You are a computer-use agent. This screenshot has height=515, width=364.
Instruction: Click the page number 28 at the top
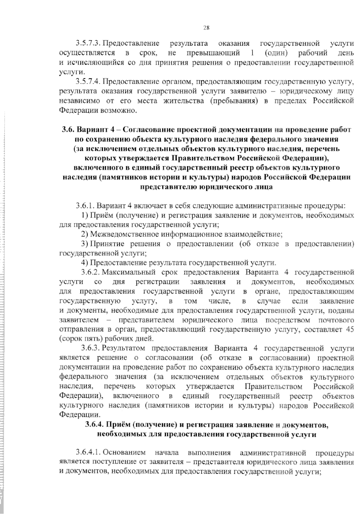206,28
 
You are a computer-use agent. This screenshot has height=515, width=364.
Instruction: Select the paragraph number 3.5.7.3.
88,44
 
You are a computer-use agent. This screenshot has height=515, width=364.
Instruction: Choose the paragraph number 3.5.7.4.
88,82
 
